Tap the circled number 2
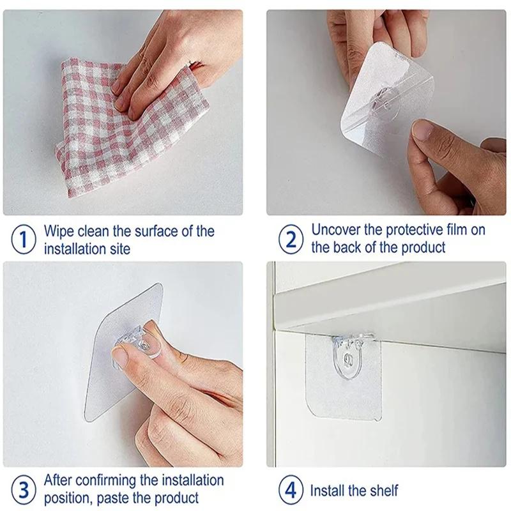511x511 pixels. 291,240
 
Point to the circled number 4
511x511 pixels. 291,491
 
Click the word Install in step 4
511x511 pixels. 329,491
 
